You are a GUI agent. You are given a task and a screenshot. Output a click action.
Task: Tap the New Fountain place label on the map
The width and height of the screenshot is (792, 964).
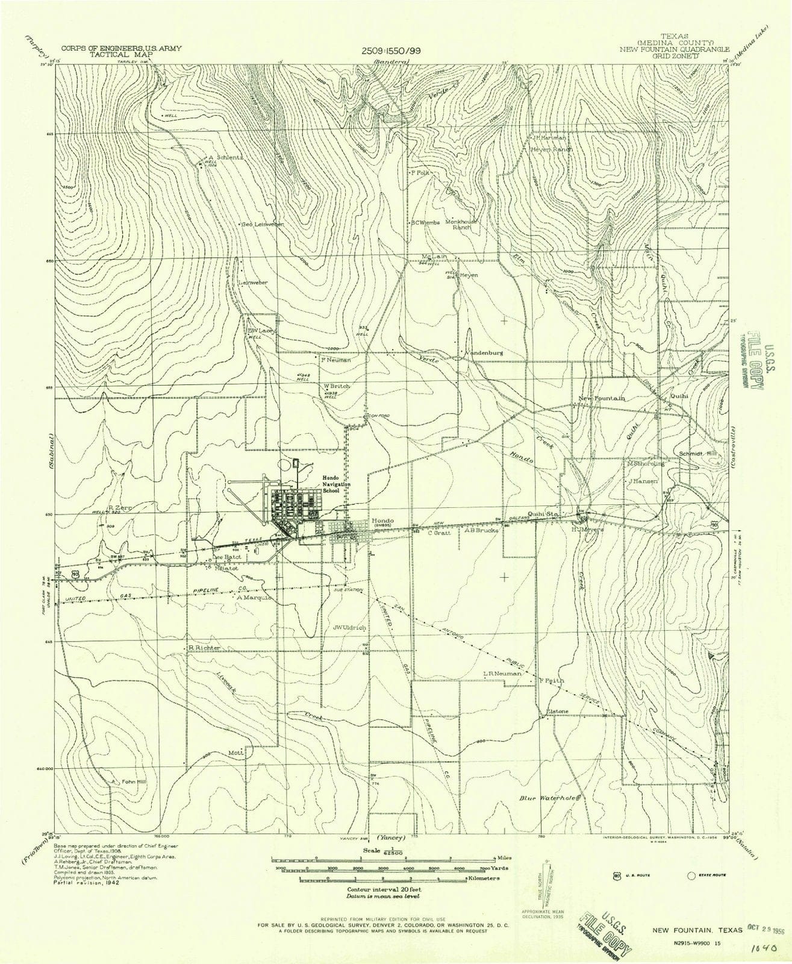click(x=601, y=398)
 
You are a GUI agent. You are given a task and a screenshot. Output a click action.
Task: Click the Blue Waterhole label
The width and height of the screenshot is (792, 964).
click(x=549, y=798)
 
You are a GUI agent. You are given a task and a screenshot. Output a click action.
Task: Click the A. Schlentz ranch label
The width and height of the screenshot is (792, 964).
click(x=226, y=157)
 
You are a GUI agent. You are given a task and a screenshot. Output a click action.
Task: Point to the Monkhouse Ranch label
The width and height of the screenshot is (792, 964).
click(x=461, y=224)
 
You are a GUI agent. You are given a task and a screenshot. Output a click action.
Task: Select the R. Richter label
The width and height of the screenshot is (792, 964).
click(x=204, y=648)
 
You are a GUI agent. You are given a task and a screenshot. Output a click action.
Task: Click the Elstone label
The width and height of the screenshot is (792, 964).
click(x=557, y=711)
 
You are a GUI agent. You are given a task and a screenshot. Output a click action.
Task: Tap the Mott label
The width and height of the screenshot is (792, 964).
click(x=234, y=753)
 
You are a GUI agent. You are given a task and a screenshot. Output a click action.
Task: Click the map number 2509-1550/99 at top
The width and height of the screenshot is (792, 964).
click(x=391, y=51)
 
